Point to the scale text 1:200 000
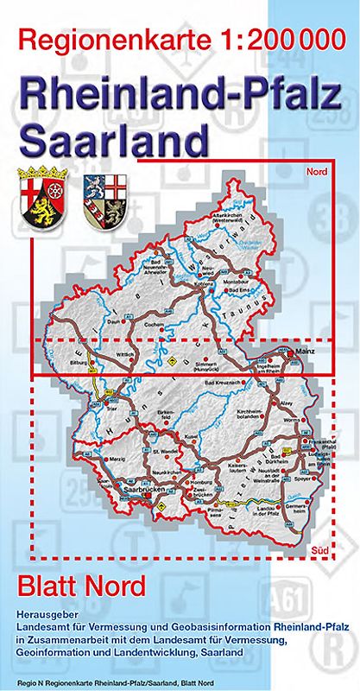point(272,40)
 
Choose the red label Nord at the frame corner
point(316,172)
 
